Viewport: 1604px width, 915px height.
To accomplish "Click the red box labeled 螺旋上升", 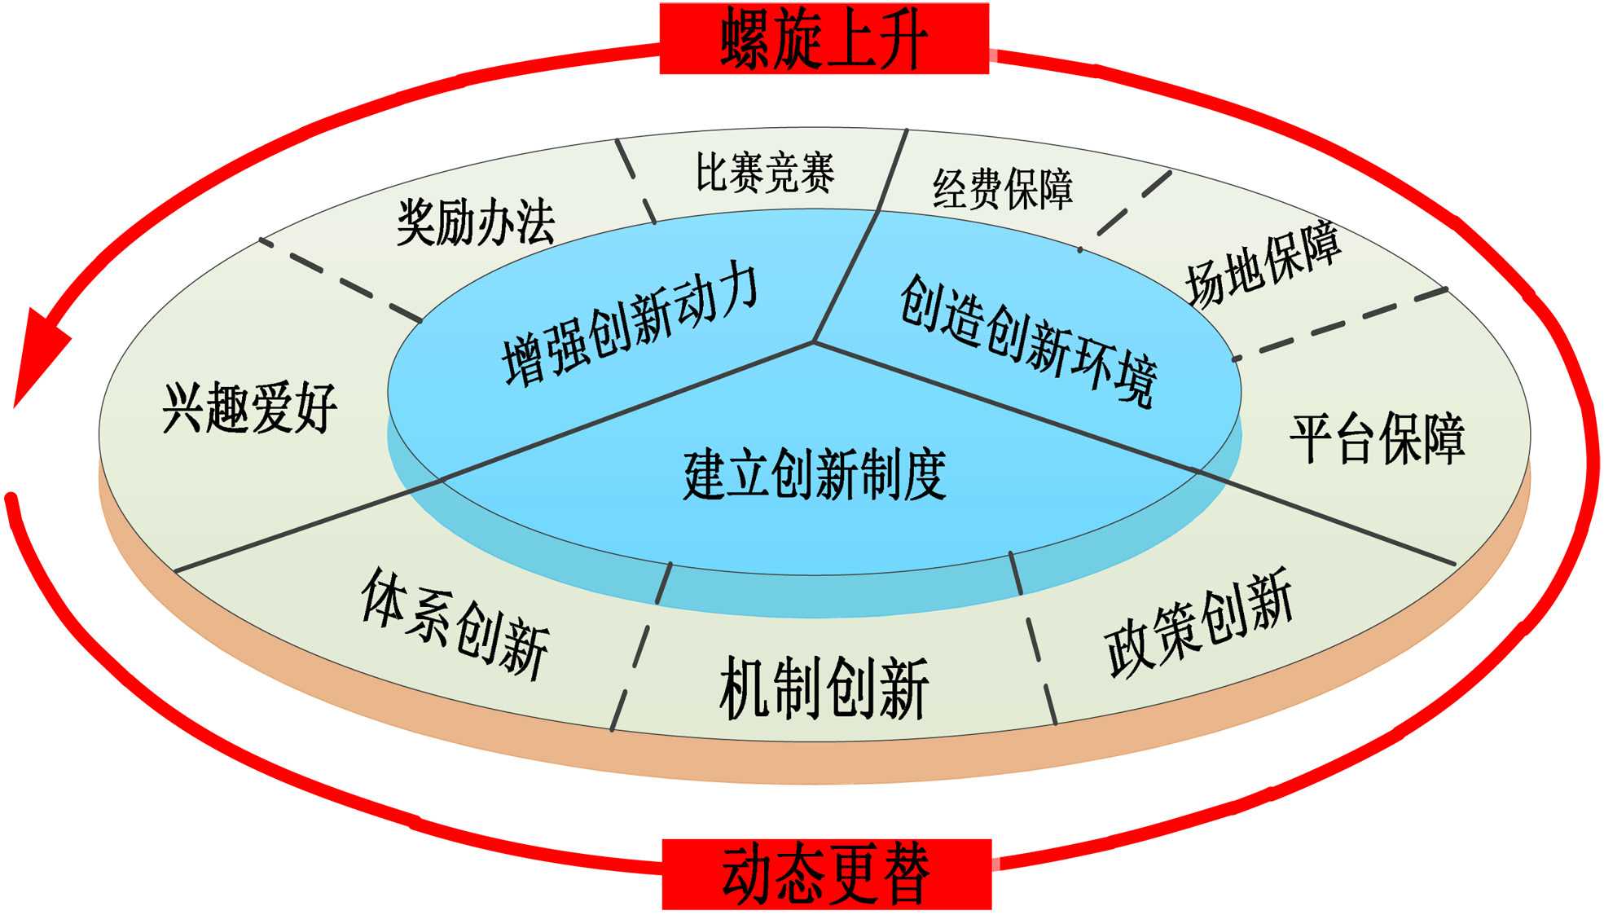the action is click(x=824, y=38).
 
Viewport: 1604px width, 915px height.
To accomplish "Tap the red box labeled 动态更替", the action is click(x=826, y=874).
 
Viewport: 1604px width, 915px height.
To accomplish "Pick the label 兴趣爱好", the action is click(x=249, y=408).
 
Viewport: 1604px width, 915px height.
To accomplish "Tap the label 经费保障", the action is click(x=1003, y=188).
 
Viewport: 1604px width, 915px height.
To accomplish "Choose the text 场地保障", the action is click(x=1263, y=263).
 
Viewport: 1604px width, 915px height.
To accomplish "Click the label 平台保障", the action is click(x=1377, y=440).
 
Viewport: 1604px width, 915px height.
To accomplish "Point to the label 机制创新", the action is click(x=823, y=689).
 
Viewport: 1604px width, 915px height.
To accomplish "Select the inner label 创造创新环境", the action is click(x=1028, y=341).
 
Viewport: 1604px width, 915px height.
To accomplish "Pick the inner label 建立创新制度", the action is click(x=815, y=474).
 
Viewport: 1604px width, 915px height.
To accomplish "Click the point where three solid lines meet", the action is click(x=813, y=342).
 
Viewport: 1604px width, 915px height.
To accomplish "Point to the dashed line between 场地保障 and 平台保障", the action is click(x=1340, y=323).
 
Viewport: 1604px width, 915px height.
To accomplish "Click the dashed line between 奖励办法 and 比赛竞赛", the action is click(x=635, y=181).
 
